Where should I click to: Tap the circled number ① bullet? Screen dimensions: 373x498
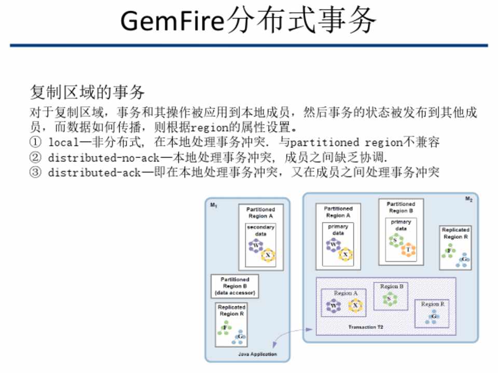click(35, 142)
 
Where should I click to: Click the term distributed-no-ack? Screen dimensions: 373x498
click(94, 157)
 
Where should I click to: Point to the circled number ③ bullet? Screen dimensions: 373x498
click(35, 173)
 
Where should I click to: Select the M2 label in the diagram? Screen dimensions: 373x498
click(468, 199)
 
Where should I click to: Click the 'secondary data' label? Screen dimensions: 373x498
click(260, 231)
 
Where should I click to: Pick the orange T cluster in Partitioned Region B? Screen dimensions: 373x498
click(408, 250)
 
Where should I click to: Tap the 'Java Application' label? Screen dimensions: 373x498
click(257, 354)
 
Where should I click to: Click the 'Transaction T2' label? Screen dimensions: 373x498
click(366, 328)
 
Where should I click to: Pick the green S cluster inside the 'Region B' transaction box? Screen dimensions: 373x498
click(389, 298)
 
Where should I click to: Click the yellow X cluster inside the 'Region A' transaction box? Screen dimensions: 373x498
click(355, 306)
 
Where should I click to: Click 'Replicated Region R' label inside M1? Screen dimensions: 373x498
click(231, 310)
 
